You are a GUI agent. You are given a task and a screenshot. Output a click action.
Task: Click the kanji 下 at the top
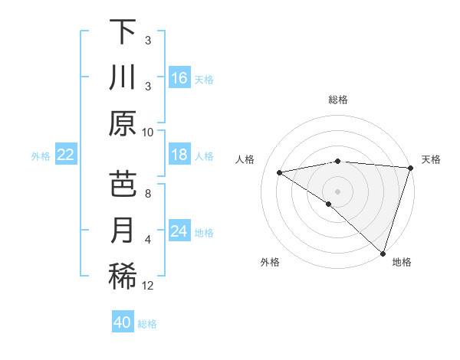123,32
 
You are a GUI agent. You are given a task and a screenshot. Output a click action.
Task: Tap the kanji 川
123,77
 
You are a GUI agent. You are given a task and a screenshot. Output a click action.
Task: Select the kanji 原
123,123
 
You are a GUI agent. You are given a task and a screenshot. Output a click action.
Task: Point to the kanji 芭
123,185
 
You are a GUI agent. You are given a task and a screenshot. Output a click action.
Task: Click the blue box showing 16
179,77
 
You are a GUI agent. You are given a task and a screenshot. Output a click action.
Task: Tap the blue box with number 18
179,155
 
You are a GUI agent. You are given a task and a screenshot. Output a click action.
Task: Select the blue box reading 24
179,231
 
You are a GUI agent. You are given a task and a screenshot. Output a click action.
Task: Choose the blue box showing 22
66,155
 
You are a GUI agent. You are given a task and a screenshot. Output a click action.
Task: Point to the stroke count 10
148,132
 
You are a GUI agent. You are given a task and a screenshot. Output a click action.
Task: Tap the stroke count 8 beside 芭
148,194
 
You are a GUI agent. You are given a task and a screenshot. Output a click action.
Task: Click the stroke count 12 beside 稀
148,286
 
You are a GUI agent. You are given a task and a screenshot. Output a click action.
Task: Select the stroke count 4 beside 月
148,240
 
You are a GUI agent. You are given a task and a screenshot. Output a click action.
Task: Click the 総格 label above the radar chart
337,100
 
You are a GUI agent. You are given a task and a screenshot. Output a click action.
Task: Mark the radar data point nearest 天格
410,167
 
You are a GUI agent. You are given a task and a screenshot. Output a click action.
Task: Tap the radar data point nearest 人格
280,172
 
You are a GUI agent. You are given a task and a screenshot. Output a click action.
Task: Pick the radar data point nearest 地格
383,253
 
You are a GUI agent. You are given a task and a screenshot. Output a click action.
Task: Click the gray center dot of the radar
337,190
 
